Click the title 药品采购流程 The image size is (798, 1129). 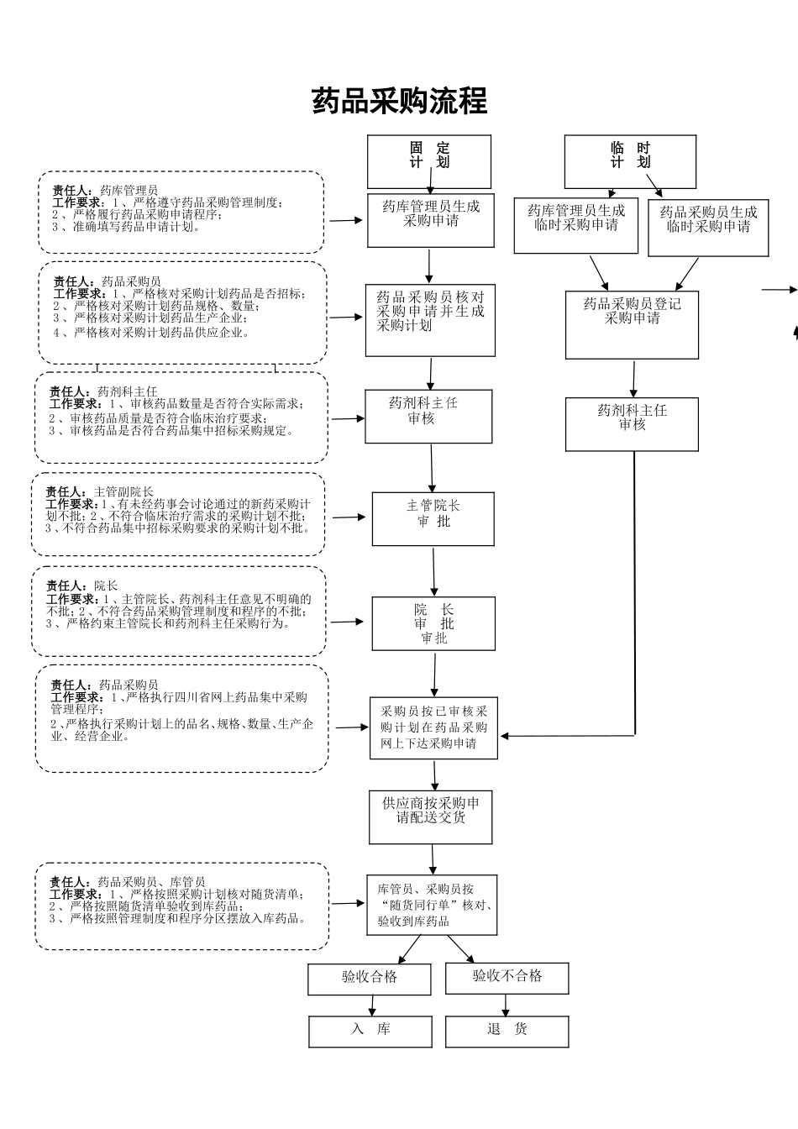click(399, 101)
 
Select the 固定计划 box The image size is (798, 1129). click(429, 161)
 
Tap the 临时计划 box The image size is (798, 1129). click(630, 161)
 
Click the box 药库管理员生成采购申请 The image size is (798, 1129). click(431, 220)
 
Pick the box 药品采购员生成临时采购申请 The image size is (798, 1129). click(708, 227)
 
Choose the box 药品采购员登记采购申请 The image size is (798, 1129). click(632, 325)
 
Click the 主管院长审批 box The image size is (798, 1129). click(433, 518)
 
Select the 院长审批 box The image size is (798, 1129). click(433, 623)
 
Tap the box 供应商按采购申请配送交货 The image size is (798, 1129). click(431, 817)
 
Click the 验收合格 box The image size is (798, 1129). click(370, 979)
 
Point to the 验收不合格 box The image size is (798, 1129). click(507, 978)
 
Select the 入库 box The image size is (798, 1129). click(370, 1031)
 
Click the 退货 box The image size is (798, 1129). click(507, 1031)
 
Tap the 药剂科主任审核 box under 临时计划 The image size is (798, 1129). click(632, 423)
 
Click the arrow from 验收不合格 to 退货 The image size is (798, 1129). click(506, 1005)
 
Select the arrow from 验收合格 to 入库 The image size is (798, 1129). click(371, 1006)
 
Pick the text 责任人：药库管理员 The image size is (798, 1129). click(105, 191)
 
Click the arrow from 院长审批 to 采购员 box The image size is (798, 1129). click(435, 674)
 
